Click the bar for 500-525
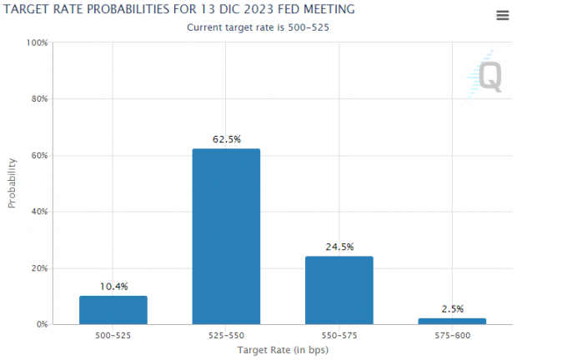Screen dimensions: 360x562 point(113,309)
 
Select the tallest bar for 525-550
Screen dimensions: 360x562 point(226,236)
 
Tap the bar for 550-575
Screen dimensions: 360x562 point(339,289)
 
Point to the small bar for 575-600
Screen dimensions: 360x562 point(452,321)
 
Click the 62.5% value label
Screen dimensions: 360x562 point(226,139)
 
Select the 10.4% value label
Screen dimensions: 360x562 point(113,287)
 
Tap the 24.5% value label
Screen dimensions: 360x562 point(339,247)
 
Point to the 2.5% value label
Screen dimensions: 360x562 point(452,309)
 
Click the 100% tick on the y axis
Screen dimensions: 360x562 point(36,42)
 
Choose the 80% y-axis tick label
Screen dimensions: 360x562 point(38,99)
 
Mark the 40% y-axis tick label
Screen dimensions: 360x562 point(38,212)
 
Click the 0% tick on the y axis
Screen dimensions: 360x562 point(41,324)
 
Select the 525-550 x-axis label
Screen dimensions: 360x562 point(226,335)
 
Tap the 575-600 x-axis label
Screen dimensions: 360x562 point(452,335)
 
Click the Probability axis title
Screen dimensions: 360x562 point(13,183)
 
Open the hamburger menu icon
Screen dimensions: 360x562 point(502,16)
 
